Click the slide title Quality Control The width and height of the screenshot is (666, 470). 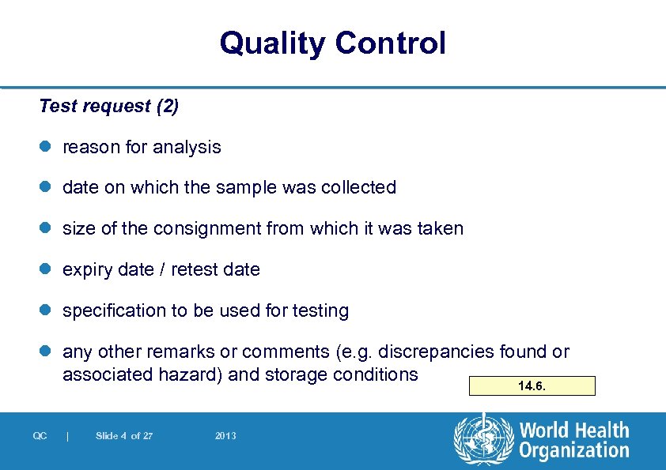[x=332, y=43]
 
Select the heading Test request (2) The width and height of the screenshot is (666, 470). [x=108, y=106]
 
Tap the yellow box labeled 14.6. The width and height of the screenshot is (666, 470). [x=531, y=386]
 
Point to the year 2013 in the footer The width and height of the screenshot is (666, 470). [x=225, y=436]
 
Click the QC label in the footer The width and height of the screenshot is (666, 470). [x=40, y=436]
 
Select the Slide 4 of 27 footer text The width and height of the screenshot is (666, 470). [x=124, y=436]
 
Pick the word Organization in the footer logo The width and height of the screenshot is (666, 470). [x=573, y=450]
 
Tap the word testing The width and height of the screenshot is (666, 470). [x=320, y=311]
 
